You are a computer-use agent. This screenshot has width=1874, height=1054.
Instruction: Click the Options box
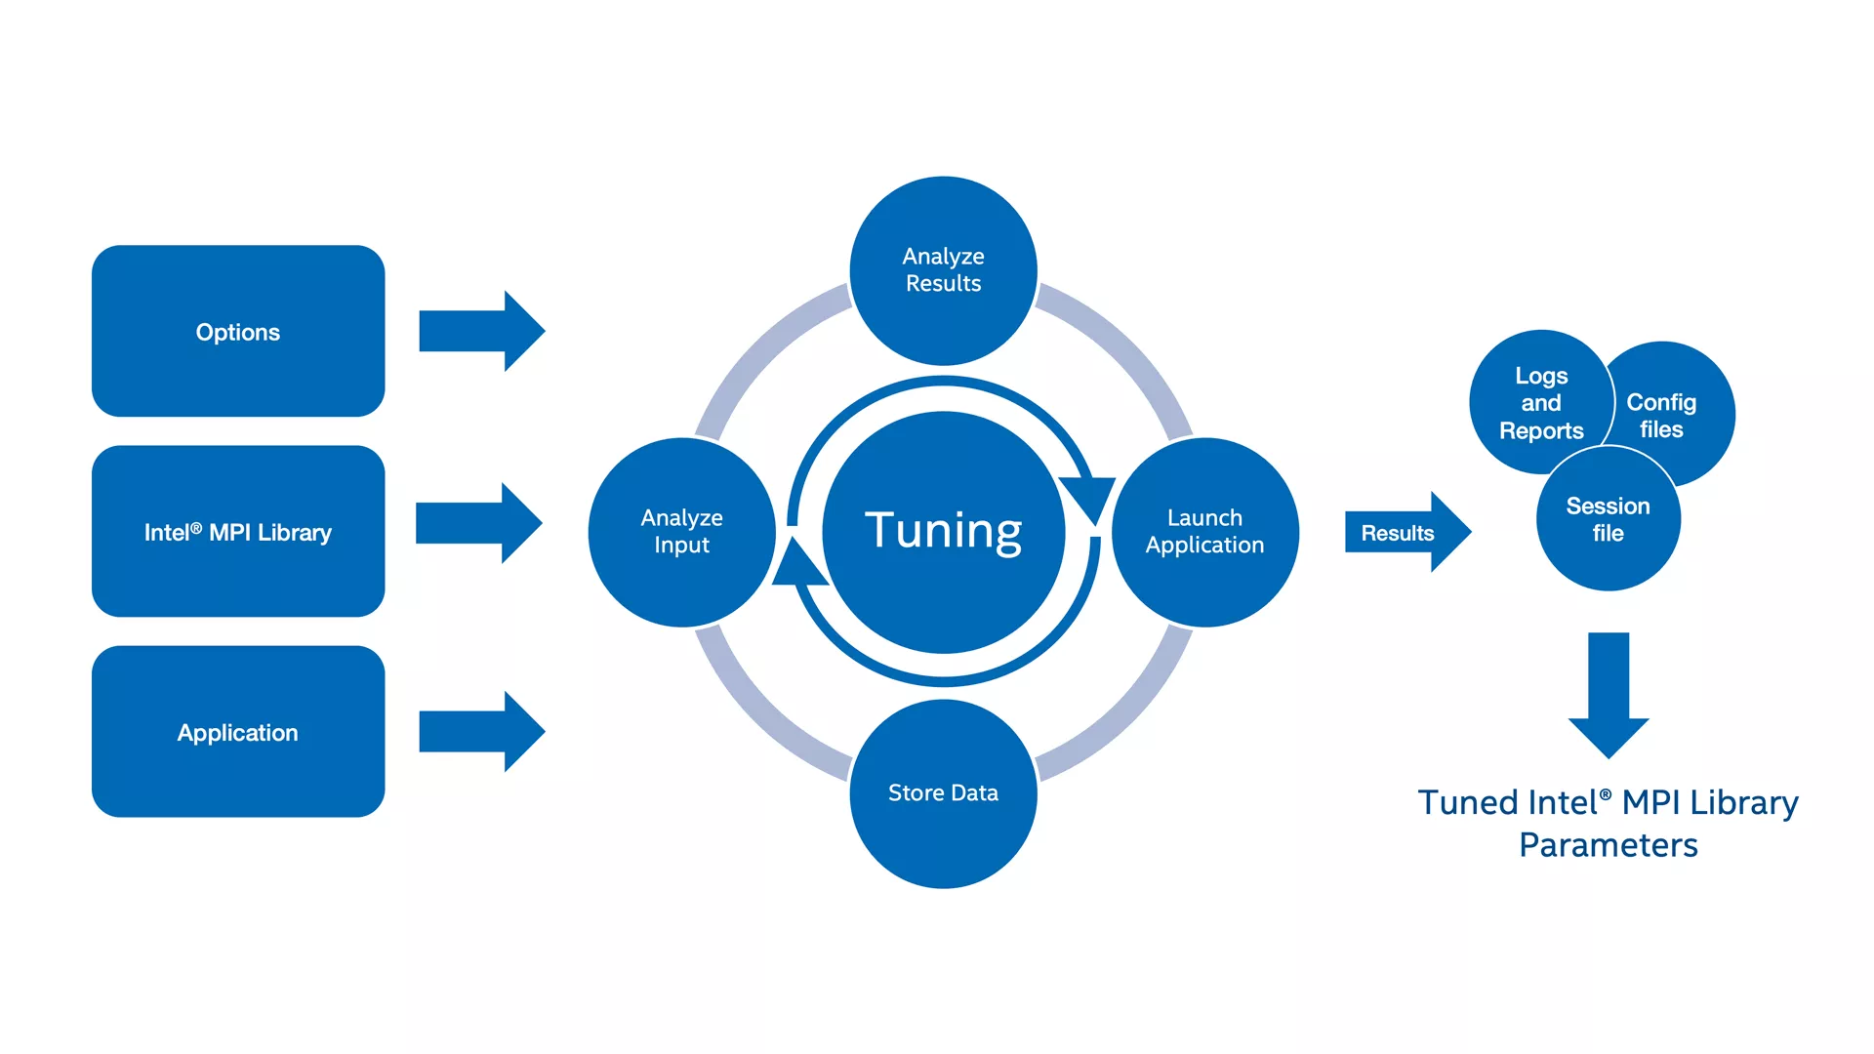238,331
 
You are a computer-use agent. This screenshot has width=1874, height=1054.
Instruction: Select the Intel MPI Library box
238,531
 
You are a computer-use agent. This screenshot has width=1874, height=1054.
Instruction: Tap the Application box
238,732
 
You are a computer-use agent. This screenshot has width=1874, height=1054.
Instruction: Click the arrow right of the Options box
482,331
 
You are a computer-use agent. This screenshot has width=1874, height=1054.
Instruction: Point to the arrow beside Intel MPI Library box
479,522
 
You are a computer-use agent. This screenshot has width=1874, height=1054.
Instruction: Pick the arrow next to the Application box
482,732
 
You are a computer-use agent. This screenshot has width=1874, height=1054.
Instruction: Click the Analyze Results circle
943,270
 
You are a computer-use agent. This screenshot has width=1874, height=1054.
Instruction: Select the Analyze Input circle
682,532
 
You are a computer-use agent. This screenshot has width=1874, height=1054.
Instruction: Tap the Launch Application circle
1205,532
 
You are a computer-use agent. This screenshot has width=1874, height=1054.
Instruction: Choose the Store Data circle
943,793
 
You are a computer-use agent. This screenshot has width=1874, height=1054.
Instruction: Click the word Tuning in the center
943,532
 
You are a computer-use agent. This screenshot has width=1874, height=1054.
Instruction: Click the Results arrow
1408,532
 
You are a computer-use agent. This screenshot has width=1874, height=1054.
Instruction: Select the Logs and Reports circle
1540,402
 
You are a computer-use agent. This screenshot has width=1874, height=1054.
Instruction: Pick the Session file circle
1609,518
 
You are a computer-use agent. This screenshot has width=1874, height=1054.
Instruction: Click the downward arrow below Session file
1609,695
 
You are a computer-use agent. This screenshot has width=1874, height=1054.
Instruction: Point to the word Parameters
1609,845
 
